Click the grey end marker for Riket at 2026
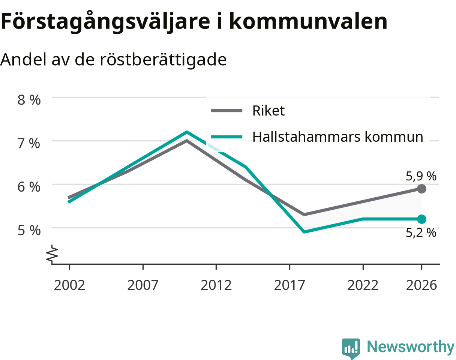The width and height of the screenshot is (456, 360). [421, 189]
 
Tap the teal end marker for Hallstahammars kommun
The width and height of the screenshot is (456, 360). [421, 219]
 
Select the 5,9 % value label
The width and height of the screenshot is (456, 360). [421, 176]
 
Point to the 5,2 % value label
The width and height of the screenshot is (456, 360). [421, 232]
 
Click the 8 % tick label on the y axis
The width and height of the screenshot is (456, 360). [29, 100]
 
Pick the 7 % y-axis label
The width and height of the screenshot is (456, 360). [29, 144]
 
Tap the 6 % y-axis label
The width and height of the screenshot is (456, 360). [29, 187]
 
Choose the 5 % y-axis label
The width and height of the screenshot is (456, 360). [29, 230]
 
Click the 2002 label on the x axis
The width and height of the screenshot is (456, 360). [69, 285]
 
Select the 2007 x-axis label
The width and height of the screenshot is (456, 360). [143, 285]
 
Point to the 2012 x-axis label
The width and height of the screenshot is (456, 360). [216, 285]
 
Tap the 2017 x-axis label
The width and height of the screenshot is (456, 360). [289, 285]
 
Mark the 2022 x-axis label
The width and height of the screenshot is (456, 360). [363, 285]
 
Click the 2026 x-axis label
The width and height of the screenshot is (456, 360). [421, 285]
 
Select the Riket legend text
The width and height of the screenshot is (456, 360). [268, 110]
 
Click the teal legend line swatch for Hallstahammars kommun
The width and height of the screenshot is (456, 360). [226, 137]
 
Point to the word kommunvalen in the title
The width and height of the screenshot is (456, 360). [308, 21]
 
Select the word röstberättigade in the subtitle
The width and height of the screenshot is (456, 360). [163, 60]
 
